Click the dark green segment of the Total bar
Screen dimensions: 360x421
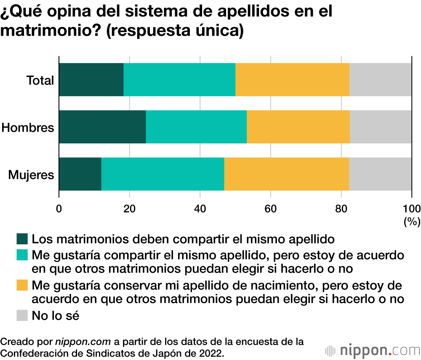pos(91,79)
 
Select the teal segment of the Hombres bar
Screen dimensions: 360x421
pos(196,127)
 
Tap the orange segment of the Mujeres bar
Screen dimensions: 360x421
pos(286,174)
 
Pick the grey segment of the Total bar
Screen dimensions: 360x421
pos(380,79)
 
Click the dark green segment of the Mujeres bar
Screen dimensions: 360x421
pos(80,174)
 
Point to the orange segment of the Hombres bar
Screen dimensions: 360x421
pos(298,127)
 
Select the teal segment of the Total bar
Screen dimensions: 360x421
pos(179,79)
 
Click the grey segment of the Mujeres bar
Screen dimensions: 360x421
pos(380,174)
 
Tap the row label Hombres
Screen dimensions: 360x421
pos(28,127)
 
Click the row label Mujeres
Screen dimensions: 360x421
pos(32,175)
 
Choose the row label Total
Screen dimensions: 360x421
pos(40,80)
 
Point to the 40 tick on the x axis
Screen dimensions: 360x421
pos(200,208)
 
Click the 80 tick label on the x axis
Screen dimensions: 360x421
pos(341,208)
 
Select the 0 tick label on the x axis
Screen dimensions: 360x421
pos(59,208)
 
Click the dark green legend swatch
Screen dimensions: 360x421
pos(22,239)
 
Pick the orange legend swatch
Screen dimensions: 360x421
pos(22,285)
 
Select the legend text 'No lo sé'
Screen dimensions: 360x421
pos(56,315)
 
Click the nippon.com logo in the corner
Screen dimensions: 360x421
pos(372,350)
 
